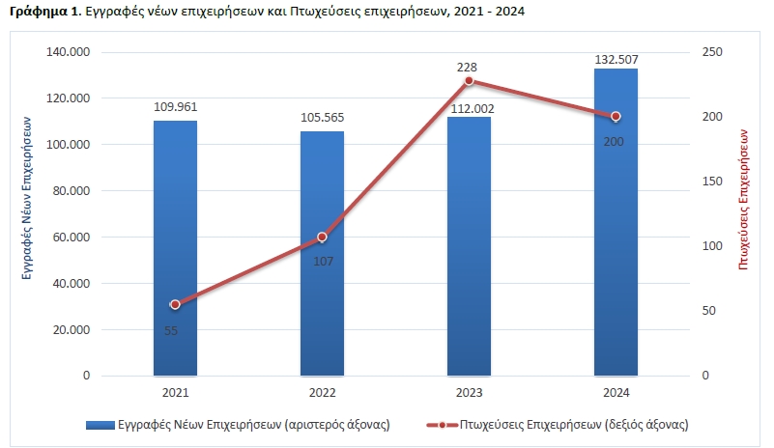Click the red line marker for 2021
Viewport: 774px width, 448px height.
tap(175, 304)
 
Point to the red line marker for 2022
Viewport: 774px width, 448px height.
tap(322, 237)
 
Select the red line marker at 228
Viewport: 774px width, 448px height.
tap(469, 80)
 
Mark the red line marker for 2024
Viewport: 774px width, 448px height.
tap(616, 117)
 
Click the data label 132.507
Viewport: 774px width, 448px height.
tap(616, 60)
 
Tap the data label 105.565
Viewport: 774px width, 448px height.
tap(322, 118)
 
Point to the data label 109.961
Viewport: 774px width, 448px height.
tap(175, 107)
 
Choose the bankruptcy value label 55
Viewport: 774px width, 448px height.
tap(171, 330)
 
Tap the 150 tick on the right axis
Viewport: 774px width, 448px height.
tap(711, 182)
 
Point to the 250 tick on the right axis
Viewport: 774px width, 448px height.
tap(711, 52)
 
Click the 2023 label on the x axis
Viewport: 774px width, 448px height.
tap(469, 392)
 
